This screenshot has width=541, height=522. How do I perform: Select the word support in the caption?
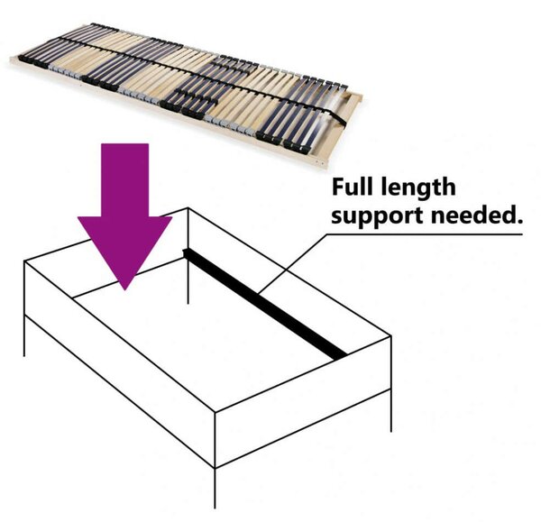tap(378, 217)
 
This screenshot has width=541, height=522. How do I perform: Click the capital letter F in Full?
tap(338, 187)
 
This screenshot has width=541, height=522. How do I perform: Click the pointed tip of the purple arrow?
tap(125, 289)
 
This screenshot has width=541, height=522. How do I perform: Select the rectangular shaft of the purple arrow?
tap(125, 180)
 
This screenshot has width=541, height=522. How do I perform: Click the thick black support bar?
tap(264, 304)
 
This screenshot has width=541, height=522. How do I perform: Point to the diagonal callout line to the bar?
tap(292, 264)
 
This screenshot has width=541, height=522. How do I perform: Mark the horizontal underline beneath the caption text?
tap(425, 234)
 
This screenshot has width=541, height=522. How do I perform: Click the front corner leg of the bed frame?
tap(215, 488)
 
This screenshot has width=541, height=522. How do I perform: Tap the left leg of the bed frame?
tap(24, 335)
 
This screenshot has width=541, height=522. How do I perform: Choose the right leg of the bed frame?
tap(391, 410)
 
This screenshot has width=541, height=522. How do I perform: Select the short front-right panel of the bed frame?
tap(303, 402)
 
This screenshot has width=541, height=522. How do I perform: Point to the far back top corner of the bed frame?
tap(188, 208)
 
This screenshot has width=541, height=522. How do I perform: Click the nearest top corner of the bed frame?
tap(215, 412)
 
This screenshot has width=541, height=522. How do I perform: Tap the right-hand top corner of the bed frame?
tap(391, 336)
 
